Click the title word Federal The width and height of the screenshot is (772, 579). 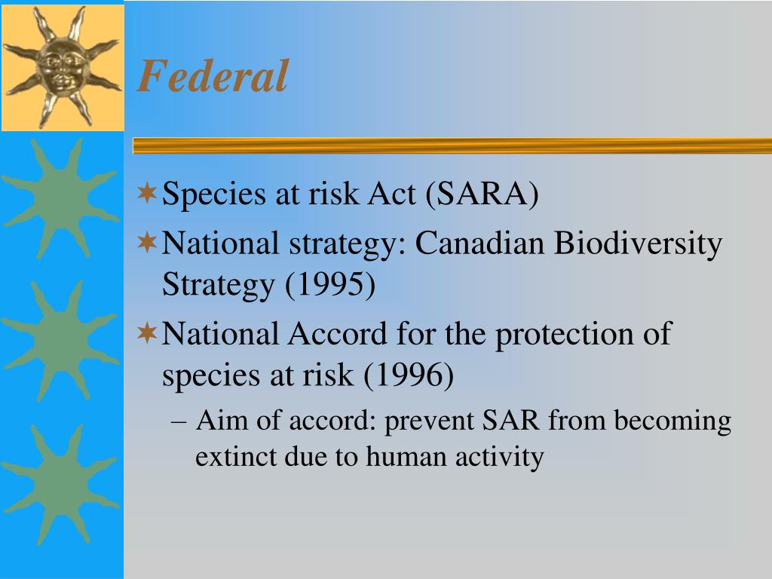pyautogui.click(x=213, y=76)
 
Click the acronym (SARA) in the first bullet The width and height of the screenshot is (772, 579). pyautogui.click(x=482, y=194)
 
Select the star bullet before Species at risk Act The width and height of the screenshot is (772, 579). pyautogui.click(x=147, y=192)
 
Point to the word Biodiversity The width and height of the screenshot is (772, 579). pyautogui.click(x=638, y=244)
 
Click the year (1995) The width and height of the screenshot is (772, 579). pyautogui.click(x=330, y=284)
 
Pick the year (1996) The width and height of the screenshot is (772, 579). pyautogui.click(x=409, y=375)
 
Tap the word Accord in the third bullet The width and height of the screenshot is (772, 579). pyautogui.click(x=337, y=334)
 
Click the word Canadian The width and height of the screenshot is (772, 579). pyautogui.click(x=479, y=244)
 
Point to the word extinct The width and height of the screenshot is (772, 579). pyautogui.click(x=235, y=456)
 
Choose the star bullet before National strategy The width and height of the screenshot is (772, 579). pyautogui.click(x=147, y=243)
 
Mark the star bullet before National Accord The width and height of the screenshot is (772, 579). pyautogui.click(x=147, y=333)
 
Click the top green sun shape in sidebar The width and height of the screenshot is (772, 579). pyautogui.click(x=60, y=198)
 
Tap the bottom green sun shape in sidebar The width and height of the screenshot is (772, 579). pyautogui.click(x=60, y=486)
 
